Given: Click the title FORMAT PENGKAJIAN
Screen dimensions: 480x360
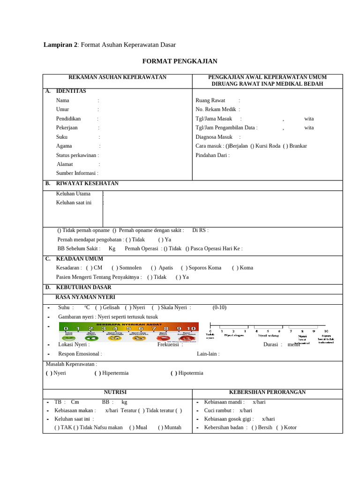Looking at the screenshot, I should pyautogui.click(x=180, y=61).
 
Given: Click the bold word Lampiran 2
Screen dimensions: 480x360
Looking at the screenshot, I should pyautogui.click(x=60, y=45).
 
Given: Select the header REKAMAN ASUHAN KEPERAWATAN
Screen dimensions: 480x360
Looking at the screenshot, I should pyautogui.click(x=117, y=77).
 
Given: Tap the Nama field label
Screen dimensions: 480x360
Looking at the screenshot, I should pyautogui.click(x=62, y=100).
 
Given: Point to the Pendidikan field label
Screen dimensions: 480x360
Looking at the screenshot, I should pyautogui.click(x=68, y=119).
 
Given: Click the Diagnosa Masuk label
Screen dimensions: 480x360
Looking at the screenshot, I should pyautogui.click(x=214, y=137).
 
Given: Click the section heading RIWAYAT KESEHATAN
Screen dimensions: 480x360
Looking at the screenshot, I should pyautogui.click(x=87, y=183).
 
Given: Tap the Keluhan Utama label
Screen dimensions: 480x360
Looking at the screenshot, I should pyautogui.click(x=73, y=193).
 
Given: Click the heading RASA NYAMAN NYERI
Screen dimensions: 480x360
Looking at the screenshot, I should pyautogui.click(x=85, y=297).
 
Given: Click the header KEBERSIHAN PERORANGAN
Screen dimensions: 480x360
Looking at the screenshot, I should pyautogui.click(x=267, y=392).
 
